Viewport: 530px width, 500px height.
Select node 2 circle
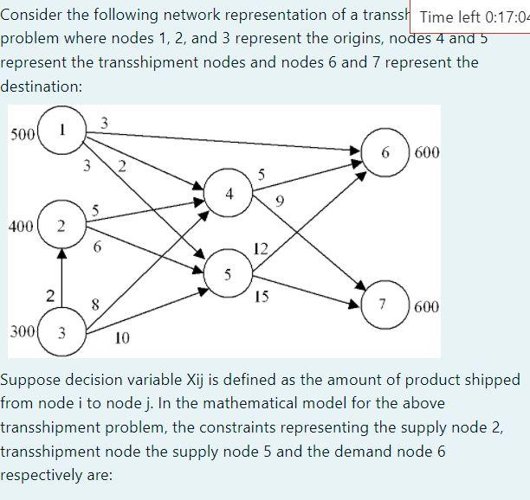pyautogui.click(x=60, y=227)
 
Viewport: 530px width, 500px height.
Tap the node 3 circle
pyautogui.click(x=60, y=330)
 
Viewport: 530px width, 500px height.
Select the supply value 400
pyautogui.click(x=21, y=227)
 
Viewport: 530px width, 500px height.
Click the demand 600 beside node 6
pyautogui.click(x=426, y=153)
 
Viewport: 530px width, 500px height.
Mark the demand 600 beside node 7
pyautogui.click(x=426, y=306)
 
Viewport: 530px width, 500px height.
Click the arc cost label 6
pyautogui.click(x=98, y=248)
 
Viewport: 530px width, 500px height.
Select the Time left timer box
pyautogui.click(x=474, y=16)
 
